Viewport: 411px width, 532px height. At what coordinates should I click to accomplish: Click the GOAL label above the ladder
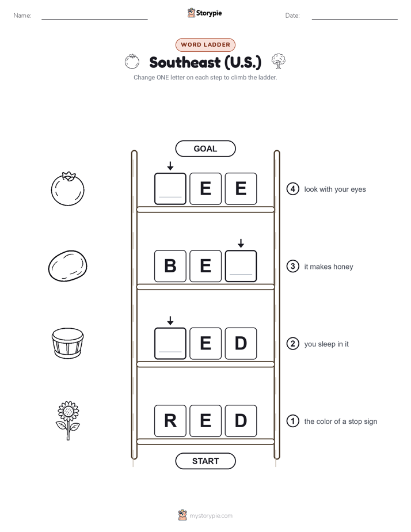205,149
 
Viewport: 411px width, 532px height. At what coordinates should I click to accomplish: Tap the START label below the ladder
205,461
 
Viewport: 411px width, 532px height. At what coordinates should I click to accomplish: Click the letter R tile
170,421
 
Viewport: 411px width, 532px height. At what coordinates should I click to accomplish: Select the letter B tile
170,266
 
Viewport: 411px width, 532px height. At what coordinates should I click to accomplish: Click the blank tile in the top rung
170,189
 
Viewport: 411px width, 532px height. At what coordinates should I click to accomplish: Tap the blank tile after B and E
241,266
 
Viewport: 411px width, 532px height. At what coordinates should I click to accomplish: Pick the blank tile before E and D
170,343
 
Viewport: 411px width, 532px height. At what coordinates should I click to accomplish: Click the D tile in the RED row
241,421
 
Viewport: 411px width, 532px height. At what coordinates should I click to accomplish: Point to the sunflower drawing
68,421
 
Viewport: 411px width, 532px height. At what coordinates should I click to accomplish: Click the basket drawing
68,343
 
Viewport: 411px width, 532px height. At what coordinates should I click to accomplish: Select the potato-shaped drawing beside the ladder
68,266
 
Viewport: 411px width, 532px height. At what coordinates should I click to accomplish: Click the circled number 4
292,189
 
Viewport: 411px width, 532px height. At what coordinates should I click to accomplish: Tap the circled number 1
292,421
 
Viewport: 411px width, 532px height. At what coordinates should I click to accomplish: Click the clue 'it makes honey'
329,267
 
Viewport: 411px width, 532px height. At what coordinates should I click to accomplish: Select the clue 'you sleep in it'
326,344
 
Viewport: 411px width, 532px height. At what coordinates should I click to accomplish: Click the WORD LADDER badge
205,45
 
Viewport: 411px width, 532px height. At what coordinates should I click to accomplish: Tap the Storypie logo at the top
204,13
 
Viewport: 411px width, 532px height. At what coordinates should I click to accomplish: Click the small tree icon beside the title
279,61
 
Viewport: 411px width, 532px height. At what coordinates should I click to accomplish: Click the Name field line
94,20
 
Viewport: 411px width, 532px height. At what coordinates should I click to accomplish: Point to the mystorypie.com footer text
211,516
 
